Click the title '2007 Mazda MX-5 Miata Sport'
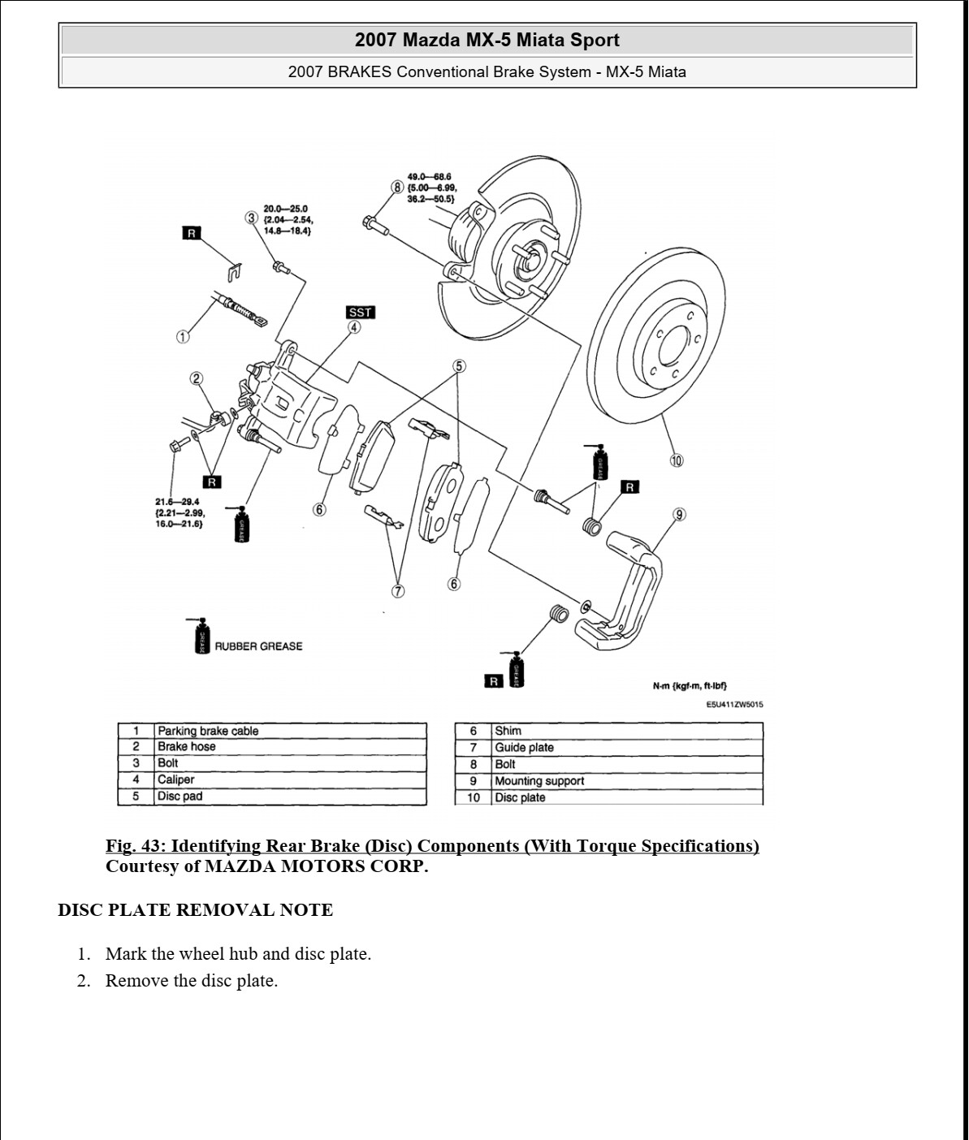(x=487, y=40)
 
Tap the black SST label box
(x=360, y=313)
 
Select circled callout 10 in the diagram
(x=676, y=460)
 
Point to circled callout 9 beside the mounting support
(x=679, y=514)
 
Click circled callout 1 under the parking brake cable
(x=183, y=336)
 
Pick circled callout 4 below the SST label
(x=354, y=327)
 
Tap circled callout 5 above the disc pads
(x=459, y=366)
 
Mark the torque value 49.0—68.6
(x=429, y=176)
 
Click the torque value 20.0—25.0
(x=285, y=209)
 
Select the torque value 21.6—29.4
(x=177, y=502)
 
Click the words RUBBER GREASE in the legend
(x=257, y=646)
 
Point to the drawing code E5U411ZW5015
(x=733, y=705)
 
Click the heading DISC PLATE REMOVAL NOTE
(x=195, y=910)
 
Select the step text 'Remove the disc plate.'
(x=192, y=981)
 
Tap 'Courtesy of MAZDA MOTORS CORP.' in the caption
(x=266, y=866)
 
